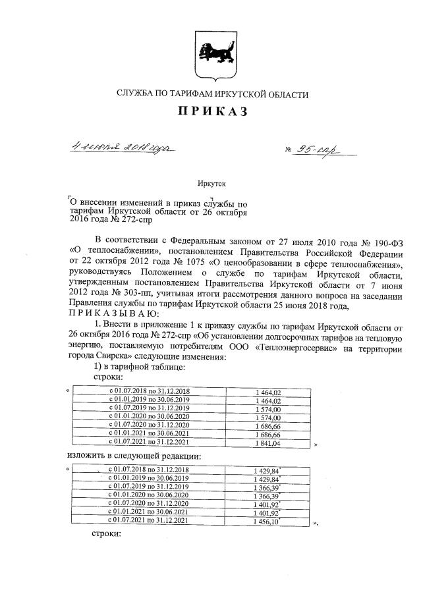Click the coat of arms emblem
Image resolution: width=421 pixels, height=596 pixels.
[x=210, y=52]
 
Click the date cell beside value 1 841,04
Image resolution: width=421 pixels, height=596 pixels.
[x=148, y=444]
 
